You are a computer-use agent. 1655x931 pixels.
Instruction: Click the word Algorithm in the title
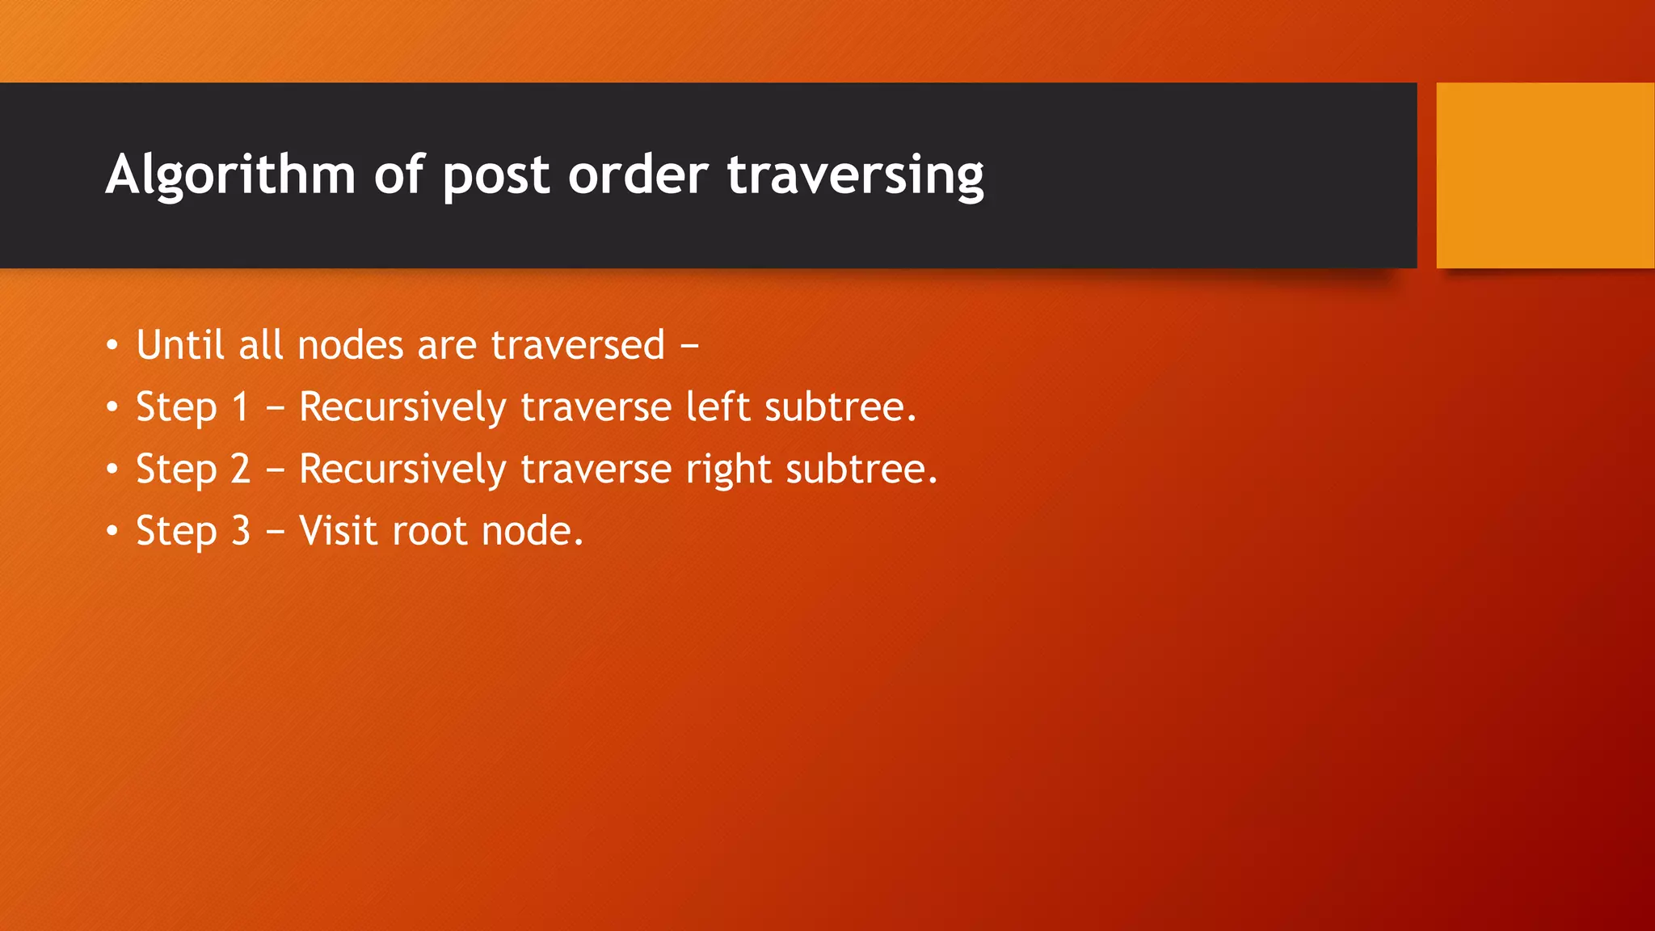tap(230, 175)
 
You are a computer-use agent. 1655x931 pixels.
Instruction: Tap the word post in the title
tap(495, 175)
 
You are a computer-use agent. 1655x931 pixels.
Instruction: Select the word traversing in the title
tap(855, 175)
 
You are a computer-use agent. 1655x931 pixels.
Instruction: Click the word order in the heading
tap(638, 175)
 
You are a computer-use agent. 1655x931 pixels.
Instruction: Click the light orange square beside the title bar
tap(1544, 175)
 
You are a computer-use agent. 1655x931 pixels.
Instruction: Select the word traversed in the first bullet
tap(578, 345)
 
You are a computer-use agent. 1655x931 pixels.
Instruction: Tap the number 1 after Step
tap(240, 407)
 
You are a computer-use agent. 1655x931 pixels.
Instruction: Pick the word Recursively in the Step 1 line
tap(402, 407)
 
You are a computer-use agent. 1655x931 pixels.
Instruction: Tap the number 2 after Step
tap(240, 469)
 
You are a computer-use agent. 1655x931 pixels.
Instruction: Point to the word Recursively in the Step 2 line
tap(402, 469)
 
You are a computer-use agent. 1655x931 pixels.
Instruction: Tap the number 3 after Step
tap(241, 531)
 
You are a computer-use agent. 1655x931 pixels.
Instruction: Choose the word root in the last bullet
tap(429, 531)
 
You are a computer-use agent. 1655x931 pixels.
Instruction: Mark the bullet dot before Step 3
tap(112, 532)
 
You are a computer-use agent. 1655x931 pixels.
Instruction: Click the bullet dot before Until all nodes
tap(112, 346)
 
